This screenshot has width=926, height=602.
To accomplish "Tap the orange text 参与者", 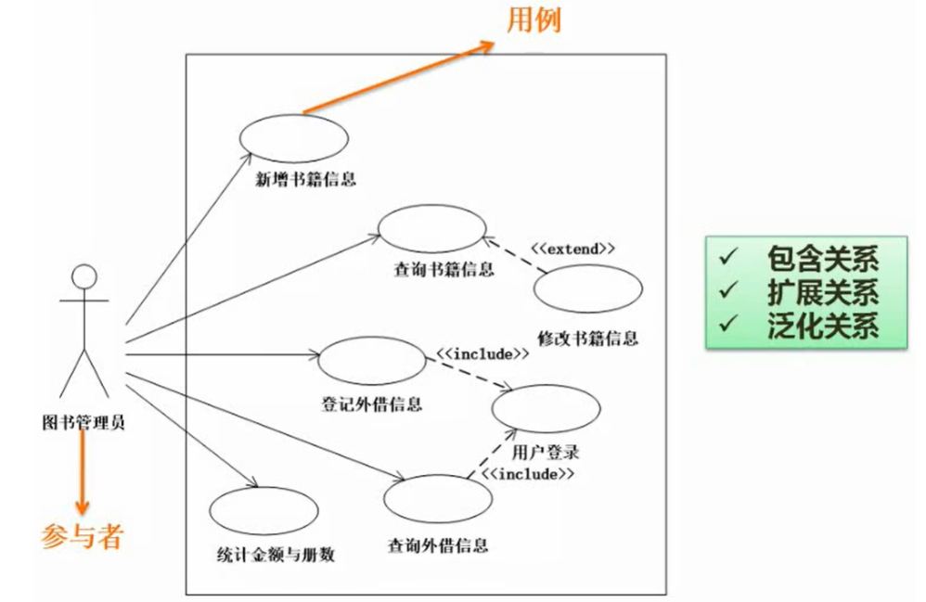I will (82, 535).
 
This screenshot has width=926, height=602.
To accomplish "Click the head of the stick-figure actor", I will (84, 275).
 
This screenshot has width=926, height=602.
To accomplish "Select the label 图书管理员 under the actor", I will (84, 422).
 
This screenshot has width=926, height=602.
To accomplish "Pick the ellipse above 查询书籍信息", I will (432, 227).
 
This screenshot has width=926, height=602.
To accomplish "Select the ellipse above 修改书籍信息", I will (587, 289).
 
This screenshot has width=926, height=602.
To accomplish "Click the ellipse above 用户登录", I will (546, 407).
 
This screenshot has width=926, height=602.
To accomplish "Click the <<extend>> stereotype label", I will (572, 250).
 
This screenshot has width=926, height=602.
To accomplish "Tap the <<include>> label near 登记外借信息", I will (482, 353).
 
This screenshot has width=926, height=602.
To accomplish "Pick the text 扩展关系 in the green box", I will (822, 292).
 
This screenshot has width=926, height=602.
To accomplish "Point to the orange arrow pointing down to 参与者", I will (83, 473).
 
